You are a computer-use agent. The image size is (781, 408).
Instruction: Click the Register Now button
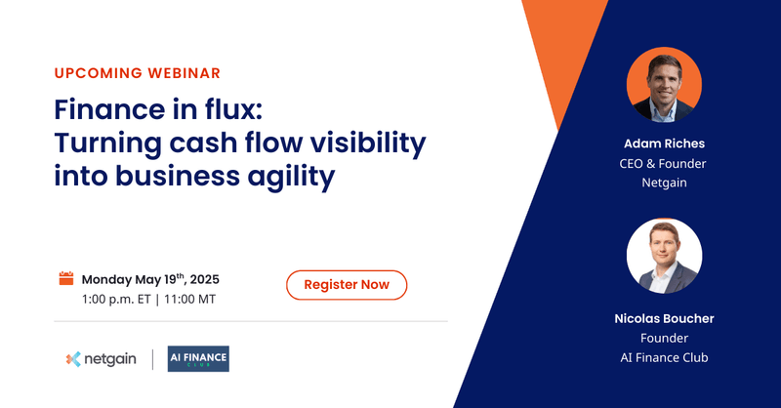click(x=347, y=285)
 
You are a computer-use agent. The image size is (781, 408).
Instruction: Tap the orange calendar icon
click(x=67, y=278)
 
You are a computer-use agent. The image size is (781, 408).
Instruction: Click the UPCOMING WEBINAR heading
click(x=136, y=73)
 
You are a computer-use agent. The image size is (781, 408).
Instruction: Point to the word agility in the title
click(x=295, y=179)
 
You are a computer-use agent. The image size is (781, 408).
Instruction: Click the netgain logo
click(x=102, y=359)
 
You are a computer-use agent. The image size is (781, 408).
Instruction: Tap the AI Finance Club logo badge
click(x=198, y=359)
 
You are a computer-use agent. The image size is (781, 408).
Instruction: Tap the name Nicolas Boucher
click(x=664, y=318)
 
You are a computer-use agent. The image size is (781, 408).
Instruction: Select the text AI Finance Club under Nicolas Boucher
click(x=664, y=357)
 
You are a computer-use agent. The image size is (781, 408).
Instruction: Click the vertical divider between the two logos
click(x=152, y=359)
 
